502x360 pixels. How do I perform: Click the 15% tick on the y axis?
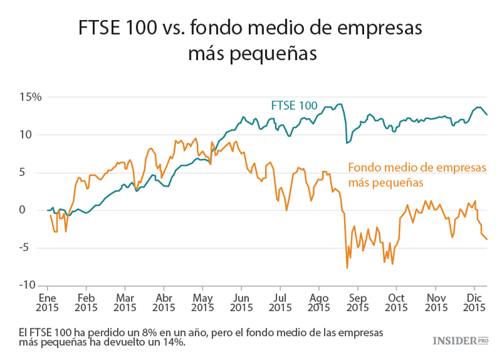tap(31, 97)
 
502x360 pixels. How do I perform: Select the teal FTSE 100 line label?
tap(294, 105)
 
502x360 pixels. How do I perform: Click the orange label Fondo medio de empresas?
tap(416, 167)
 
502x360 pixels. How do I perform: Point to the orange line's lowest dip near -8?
tap(347, 268)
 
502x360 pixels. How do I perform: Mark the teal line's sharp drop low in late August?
tap(347, 143)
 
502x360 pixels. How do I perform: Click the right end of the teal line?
tap(487, 114)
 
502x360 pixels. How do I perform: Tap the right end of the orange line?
tap(487, 239)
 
